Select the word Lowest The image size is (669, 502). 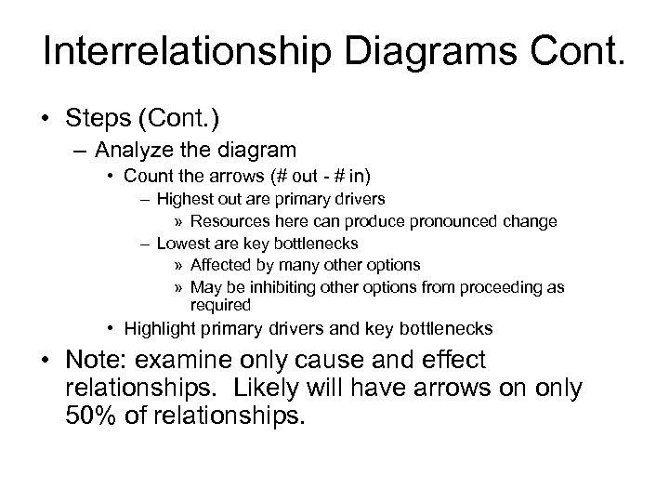point(180,244)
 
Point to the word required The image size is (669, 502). point(220,305)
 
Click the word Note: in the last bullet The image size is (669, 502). point(105,361)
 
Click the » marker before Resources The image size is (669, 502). point(179,221)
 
